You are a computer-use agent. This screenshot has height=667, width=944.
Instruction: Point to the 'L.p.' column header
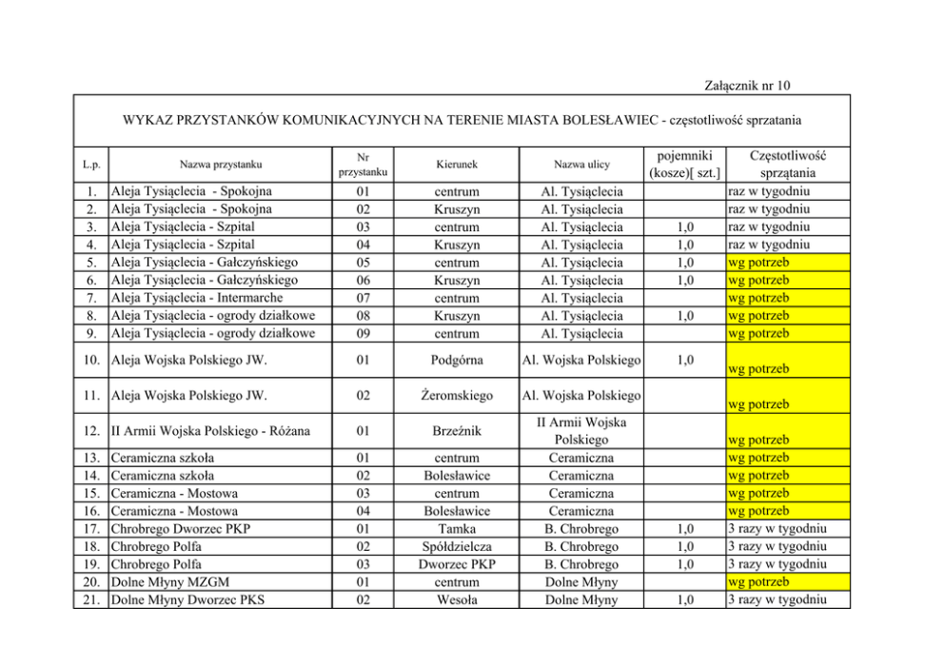(92, 164)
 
